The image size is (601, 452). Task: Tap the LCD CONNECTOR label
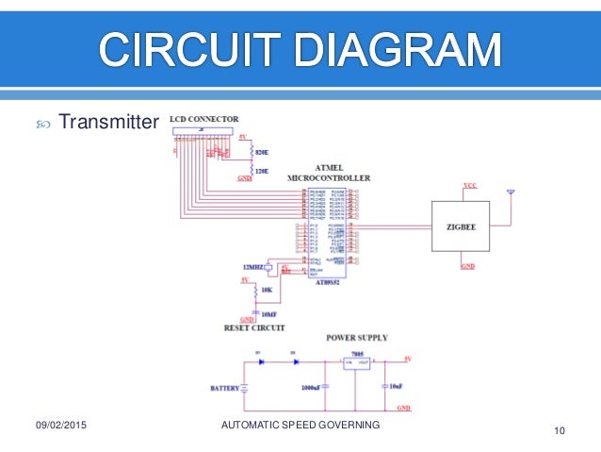point(203,119)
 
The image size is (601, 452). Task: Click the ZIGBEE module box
point(460,226)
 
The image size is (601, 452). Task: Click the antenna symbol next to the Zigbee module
point(510,193)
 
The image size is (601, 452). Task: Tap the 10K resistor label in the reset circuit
point(267,291)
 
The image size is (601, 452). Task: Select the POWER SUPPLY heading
point(356,337)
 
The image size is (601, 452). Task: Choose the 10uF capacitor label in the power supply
point(397,387)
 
